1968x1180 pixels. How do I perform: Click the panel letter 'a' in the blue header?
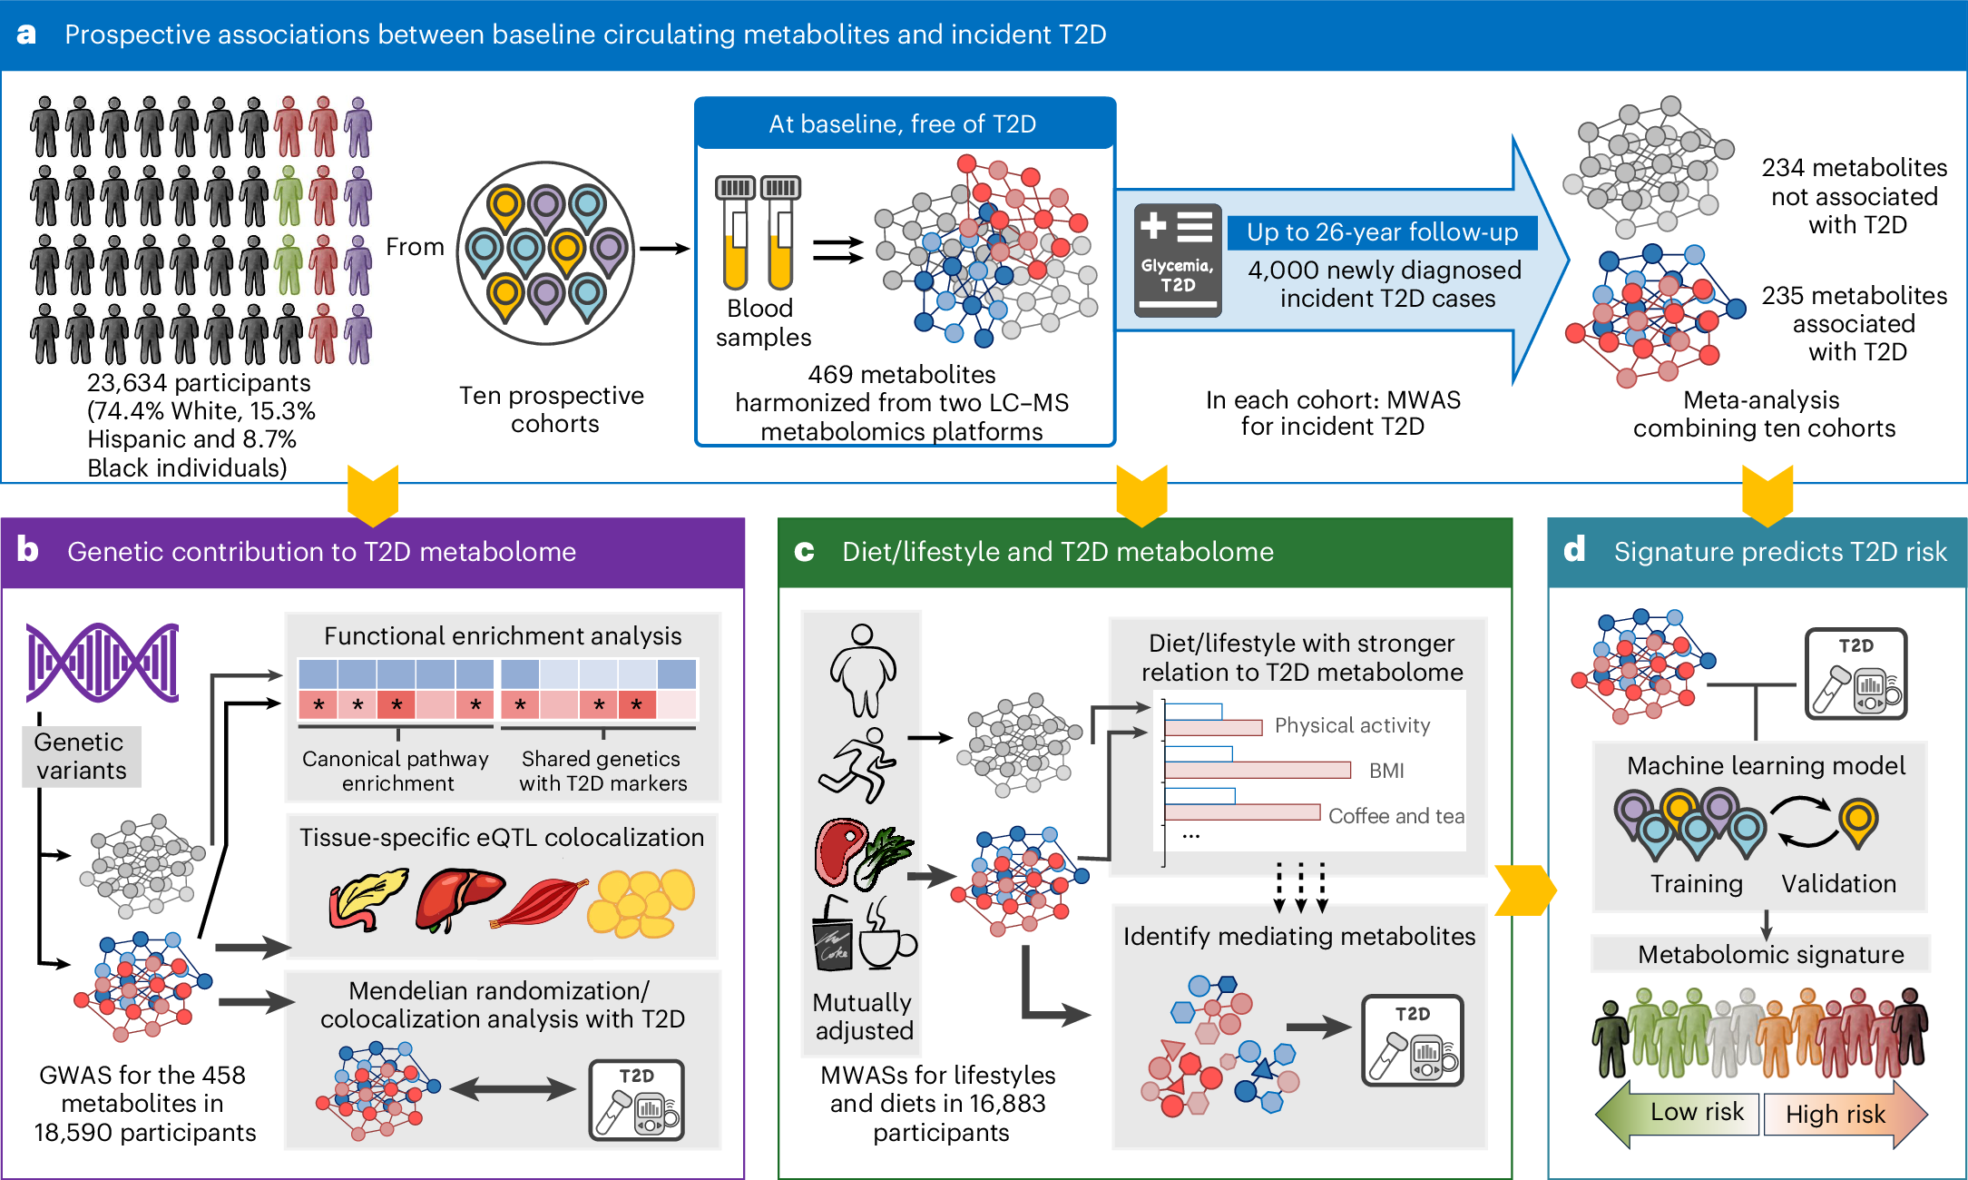coord(26,34)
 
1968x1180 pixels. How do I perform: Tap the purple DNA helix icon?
coord(103,663)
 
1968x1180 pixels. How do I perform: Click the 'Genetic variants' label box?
coord(81,756)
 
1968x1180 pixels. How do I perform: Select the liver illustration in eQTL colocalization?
coord(458,899)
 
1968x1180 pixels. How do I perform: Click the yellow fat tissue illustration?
coord(640,903)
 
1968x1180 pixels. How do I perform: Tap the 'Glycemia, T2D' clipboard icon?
coord(1177,260)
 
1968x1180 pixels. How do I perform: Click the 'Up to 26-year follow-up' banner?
coord(1381,232)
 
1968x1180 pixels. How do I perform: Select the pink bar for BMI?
coord(1258,771)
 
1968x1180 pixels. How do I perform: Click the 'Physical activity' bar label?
coord(1352,725)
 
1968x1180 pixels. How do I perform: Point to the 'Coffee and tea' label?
coord(1395,816)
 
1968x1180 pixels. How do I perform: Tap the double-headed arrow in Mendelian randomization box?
coord(513,1089)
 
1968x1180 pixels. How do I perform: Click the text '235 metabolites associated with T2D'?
coord(1854,323)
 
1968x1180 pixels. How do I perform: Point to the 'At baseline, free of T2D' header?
coord(903,123)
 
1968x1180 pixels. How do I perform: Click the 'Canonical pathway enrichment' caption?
coord(396,771)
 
